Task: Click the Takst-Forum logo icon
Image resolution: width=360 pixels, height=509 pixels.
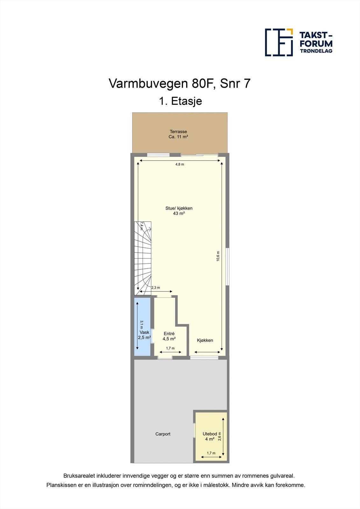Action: (x=279, y=42)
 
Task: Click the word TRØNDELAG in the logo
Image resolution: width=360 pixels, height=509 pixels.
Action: (x=316, y=51)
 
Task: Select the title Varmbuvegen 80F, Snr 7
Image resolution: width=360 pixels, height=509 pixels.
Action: (x=180, y=84)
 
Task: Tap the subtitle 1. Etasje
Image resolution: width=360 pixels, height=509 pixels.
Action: (x=180, y=101)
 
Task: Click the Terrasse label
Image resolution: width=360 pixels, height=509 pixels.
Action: (x=178, y=131)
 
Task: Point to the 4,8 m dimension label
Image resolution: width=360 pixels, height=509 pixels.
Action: (x=180, y=164)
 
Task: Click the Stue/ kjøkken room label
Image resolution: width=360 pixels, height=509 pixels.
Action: (x=179, y=208)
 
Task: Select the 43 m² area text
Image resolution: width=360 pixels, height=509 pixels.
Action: (x=179, y=213)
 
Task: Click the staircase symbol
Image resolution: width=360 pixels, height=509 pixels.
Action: (x=142, y=258)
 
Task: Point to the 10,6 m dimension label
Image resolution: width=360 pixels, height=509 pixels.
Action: (x=218, y=256)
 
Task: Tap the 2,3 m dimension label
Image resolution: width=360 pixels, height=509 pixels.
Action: (x=156, y=288)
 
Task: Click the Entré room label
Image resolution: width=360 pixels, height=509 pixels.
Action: (x=169, y=334)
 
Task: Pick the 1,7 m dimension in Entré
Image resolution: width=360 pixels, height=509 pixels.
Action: (x=170, y=348)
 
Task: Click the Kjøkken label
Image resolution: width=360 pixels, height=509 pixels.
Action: (x=205, y=340)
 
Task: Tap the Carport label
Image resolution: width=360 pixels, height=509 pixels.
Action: (x=163, y=434)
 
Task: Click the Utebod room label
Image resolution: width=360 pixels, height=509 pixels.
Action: (x=210, y=434)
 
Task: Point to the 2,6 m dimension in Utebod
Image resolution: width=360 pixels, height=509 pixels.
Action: (x=220, y=436)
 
